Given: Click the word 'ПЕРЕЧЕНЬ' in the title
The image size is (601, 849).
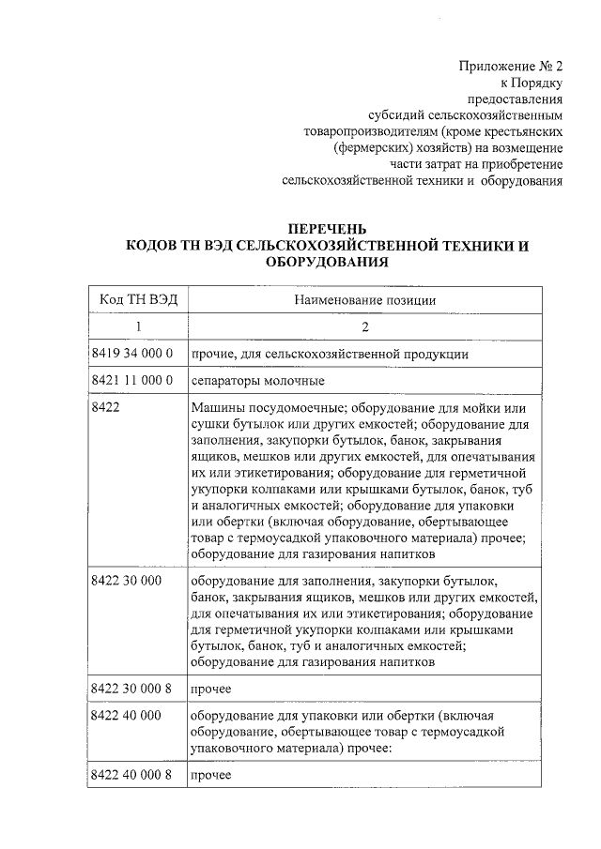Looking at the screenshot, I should (x=327, y=229).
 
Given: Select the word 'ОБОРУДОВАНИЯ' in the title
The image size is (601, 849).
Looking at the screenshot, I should (x=327, y=264).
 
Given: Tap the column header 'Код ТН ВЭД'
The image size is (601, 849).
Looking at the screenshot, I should (x=136, y=299).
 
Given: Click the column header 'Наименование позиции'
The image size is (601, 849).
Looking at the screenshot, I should (x=366, y=299).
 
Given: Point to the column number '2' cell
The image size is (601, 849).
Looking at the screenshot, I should (x=366, y=326).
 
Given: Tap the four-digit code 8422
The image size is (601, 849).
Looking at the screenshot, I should (x=107, y=408).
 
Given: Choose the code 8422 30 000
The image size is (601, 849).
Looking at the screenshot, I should (x=127, y=582).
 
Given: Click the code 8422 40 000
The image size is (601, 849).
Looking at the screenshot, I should (x=127, y=715).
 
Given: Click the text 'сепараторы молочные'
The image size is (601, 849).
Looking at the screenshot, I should (x=257, y=381).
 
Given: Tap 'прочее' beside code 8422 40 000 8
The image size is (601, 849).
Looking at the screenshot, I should (x=210, y=777).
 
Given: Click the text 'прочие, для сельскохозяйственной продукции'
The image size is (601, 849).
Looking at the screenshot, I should (x=330, y=354).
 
